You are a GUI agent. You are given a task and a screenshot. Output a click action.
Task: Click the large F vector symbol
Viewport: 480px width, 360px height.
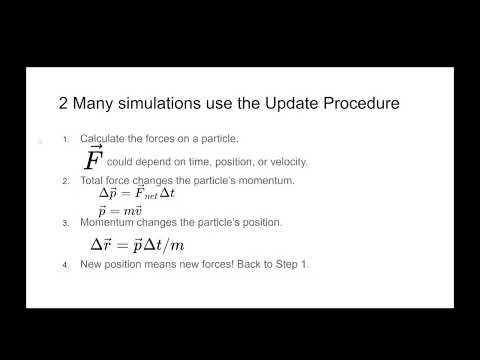tap(93, 158)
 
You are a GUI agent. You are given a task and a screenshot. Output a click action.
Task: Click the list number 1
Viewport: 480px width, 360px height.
tap(65, 139)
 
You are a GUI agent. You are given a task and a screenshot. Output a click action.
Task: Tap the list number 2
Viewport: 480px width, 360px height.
tap(65, 181)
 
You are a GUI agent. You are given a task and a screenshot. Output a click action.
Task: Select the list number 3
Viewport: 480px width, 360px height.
tap(65, 222)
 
